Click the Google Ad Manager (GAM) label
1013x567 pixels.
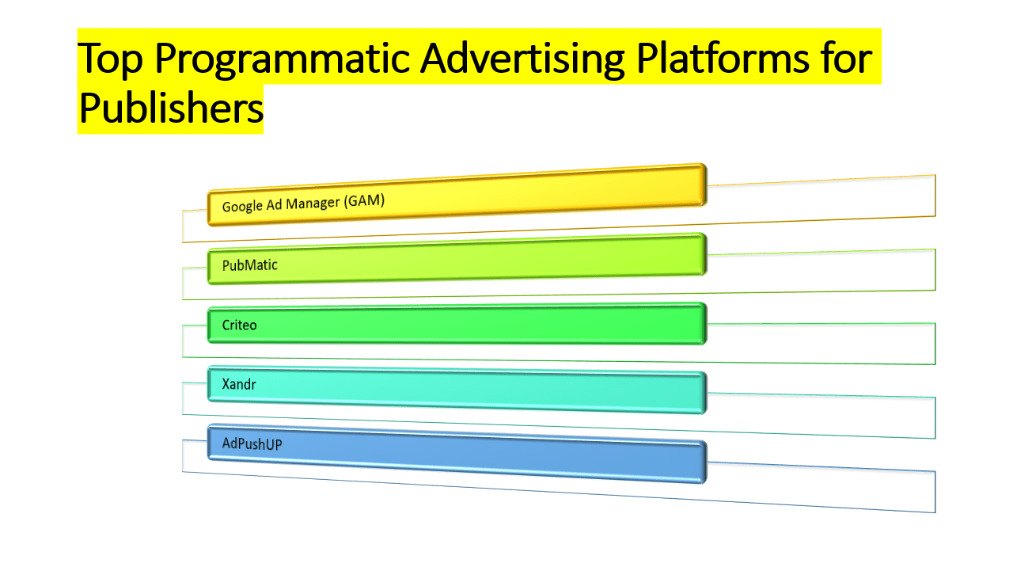click(x=303, y=204)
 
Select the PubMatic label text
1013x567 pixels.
click(x=249, y=265)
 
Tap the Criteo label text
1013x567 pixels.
click(x=239, y=325)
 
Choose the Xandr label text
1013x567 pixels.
click(x=239, y=385)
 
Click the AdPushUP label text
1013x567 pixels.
click(x=252, y=444)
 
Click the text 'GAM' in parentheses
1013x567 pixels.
click(x=366, y=201)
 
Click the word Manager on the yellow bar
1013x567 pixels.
click(x=312, y=204)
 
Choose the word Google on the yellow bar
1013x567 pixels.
click(x=241, y=206)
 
